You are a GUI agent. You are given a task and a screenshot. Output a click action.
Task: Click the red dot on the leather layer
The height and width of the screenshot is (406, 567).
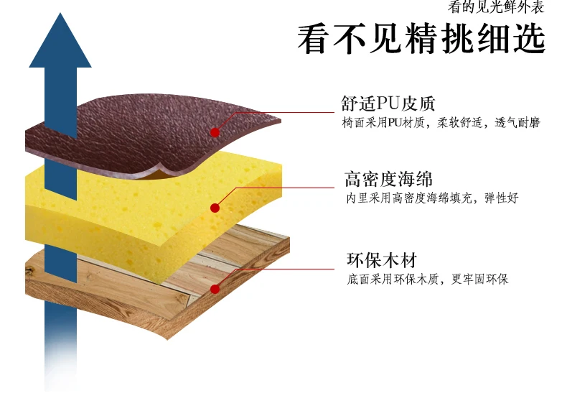214,132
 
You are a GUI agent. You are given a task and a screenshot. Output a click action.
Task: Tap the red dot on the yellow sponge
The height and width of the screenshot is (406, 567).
214,208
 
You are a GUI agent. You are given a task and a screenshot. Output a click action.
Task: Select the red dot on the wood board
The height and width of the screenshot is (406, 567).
214,288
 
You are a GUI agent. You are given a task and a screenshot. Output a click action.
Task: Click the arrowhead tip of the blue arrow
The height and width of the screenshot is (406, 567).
60,16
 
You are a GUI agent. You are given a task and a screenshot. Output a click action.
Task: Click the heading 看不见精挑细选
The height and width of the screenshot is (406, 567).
421,39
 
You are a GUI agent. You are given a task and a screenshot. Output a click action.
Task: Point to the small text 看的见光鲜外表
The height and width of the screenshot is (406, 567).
495,8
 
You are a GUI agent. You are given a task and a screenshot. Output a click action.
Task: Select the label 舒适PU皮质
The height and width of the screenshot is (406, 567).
388,104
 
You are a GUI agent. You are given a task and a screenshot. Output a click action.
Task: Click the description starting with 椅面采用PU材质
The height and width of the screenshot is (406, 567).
441,123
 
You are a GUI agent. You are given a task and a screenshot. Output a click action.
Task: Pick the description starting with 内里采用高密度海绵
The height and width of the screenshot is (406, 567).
431,198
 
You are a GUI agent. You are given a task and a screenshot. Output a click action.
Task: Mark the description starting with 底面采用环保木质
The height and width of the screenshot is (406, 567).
427,279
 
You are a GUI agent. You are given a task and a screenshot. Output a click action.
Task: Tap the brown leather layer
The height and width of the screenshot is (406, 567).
144,133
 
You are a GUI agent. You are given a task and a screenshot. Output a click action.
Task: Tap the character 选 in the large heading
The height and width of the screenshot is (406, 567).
528,39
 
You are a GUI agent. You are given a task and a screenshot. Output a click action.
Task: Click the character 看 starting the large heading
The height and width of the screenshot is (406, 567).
314,39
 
